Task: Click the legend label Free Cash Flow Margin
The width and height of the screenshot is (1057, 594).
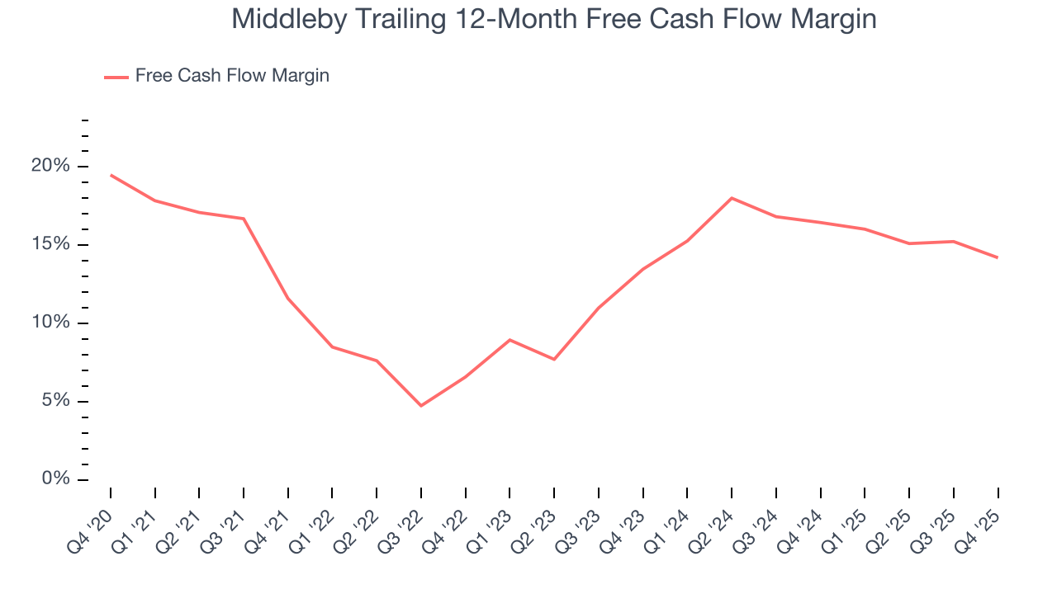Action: (x=232, y=76)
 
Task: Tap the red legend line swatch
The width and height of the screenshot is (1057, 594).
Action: (x=116, y=77)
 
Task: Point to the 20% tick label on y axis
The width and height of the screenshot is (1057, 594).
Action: (x=51, y=167)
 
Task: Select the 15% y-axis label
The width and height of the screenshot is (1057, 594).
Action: (x=51, y=245)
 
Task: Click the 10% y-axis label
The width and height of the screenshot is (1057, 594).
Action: (x=51, y=323)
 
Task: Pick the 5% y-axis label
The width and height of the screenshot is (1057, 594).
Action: (x=56, y=402)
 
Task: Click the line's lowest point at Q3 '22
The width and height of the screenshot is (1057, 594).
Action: (x=421, y=406)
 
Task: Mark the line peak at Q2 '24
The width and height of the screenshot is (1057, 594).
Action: (x=732, y=198)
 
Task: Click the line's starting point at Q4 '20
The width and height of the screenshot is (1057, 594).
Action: (x=111, y=175)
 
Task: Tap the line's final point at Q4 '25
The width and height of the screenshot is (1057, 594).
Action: (x=998, y=257)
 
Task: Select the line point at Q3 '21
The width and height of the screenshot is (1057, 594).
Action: (x=244, y=219)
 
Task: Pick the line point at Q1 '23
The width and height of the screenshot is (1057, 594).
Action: (x=510, y=340)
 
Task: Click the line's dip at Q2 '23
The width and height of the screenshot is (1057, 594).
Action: (x=554, y=359)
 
